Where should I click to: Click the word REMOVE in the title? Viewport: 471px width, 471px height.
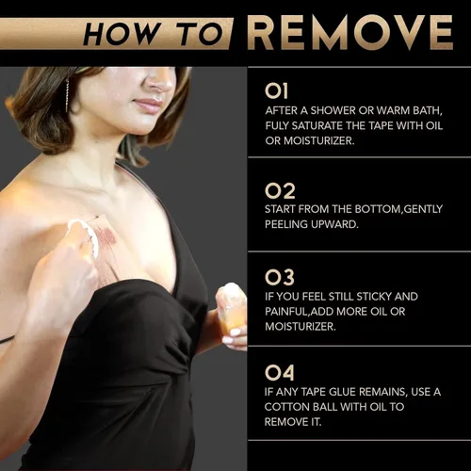(349, 33)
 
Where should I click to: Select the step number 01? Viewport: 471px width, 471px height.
(276, 90)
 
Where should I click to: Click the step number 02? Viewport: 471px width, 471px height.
(280, 191)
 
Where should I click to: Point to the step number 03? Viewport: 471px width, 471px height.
(280, 278)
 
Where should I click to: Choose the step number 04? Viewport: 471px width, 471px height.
(280, 372)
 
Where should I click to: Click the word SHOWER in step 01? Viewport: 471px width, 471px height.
(333, 110)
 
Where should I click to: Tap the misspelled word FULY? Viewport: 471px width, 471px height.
(277, 125)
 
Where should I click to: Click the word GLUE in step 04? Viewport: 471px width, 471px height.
(342, 392)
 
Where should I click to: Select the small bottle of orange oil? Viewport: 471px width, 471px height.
(232, 310)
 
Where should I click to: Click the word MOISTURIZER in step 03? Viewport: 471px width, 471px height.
(300, 327)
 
